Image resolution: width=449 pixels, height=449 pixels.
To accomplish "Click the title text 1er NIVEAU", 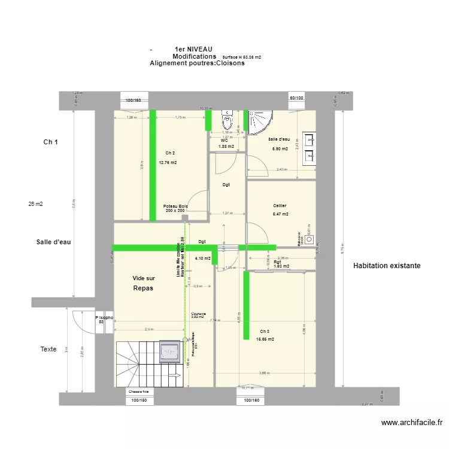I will click(x=193, y=49).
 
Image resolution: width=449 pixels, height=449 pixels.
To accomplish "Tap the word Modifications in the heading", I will click(x=194, y=56).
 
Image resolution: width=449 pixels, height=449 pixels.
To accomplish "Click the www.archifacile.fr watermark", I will click(x=412, y=423).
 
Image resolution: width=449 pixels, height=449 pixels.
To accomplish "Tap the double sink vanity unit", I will click(x=310, y=148).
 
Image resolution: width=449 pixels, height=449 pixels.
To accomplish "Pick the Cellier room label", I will click(x=280, y=205).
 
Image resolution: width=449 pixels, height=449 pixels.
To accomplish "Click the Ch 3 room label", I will click(x=265, y=332).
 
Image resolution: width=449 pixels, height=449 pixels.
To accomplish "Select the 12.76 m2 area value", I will click(x=168, y=162).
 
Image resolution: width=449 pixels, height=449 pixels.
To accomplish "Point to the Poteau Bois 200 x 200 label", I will click(x=175, y=208).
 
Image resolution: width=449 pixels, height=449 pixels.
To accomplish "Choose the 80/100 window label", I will click(x=296, y=98).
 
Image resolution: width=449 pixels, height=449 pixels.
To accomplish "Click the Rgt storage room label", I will click(x=278, y=262).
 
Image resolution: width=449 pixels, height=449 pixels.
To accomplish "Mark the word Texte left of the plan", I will click(x=48, y=349).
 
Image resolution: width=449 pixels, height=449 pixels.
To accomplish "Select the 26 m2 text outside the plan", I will click(x=35, y=204).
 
